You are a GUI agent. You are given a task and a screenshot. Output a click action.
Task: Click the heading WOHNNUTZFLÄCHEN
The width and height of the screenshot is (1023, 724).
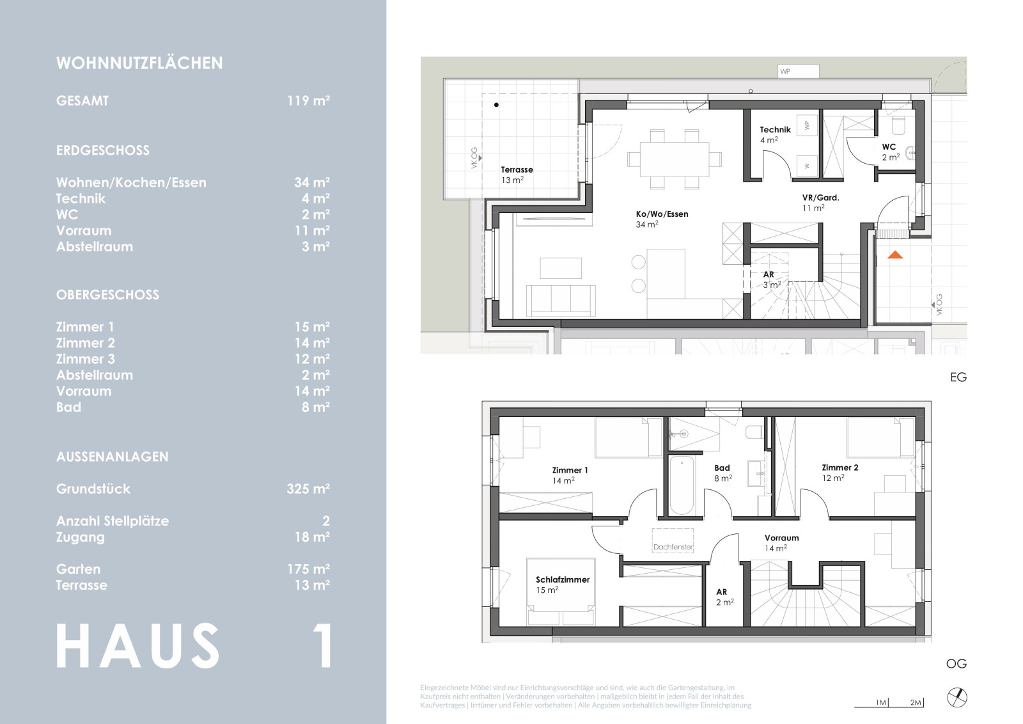pos(139,63)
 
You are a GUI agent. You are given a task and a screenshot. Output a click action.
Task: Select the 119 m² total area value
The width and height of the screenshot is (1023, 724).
pos(308,100)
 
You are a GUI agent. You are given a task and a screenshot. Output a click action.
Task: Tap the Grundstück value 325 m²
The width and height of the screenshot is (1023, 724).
pos(308,489)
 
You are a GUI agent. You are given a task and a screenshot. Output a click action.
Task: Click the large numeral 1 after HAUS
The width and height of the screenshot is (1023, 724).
pos(324,646)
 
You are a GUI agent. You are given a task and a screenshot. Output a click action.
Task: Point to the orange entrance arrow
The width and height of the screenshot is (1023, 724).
pos(895,255)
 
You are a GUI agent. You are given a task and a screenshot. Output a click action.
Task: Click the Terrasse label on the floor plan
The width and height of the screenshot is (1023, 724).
pos(517,169)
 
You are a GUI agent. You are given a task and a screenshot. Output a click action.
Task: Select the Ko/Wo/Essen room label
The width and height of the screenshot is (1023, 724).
pos(662,214)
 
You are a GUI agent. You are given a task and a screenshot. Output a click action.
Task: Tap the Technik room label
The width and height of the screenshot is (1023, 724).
pos(775,130)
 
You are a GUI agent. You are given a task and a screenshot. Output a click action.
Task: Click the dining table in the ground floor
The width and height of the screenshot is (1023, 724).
pos(675,159)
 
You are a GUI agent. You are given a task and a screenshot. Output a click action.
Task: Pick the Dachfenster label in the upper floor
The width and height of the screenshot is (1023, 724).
pos(673,547)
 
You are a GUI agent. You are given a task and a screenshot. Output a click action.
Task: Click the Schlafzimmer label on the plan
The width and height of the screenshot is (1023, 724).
pos(562,579)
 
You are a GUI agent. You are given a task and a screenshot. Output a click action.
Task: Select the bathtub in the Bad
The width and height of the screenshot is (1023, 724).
pos(682,485)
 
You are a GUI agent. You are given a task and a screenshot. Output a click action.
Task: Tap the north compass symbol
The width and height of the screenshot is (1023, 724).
pos(957,698)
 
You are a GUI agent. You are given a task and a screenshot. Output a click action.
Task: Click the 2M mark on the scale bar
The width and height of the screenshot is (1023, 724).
pos(916,702)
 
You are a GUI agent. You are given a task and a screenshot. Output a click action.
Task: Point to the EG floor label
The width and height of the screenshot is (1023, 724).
pos(958,377)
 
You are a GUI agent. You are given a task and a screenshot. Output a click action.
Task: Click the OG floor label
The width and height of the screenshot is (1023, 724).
pos(957,663)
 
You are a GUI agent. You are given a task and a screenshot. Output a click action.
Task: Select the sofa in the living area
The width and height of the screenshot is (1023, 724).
pos(561,301)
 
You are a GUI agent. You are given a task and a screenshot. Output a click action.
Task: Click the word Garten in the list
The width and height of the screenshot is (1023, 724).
pos(78,569)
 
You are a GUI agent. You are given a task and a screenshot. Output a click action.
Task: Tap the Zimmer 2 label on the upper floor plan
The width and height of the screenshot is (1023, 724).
pos(840,468)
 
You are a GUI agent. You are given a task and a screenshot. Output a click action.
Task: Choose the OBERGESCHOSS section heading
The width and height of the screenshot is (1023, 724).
pos(107,295)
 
